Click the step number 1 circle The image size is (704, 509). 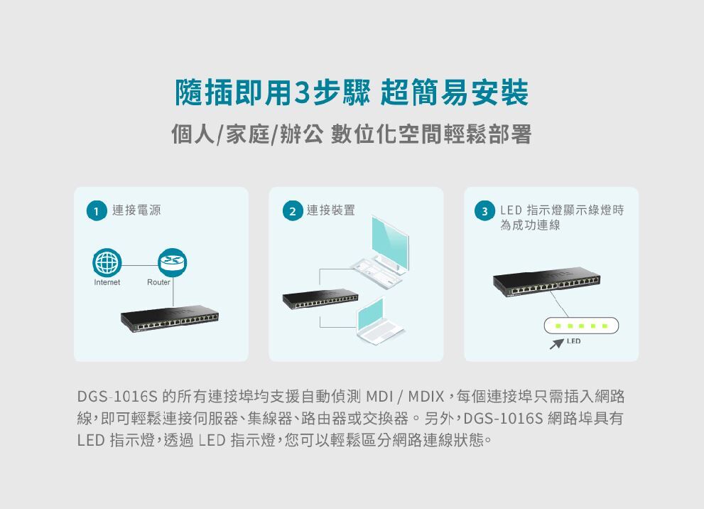tap(97, 211)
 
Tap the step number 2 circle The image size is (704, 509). tap(291, 211)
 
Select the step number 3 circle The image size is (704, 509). tap(485, 211)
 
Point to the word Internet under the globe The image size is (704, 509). tap(107, 283)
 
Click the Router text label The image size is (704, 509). tap(158, 283)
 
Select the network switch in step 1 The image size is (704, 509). tap(169, 321)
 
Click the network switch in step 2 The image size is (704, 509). tap(320, 299)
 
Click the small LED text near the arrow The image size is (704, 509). tap(574, 342)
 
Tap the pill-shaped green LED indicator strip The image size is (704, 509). tap(581, 326)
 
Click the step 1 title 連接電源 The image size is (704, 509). tap(136, 210)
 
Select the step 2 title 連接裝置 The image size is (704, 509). tap(330, 210)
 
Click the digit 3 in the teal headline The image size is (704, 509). tap(301, 93)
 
